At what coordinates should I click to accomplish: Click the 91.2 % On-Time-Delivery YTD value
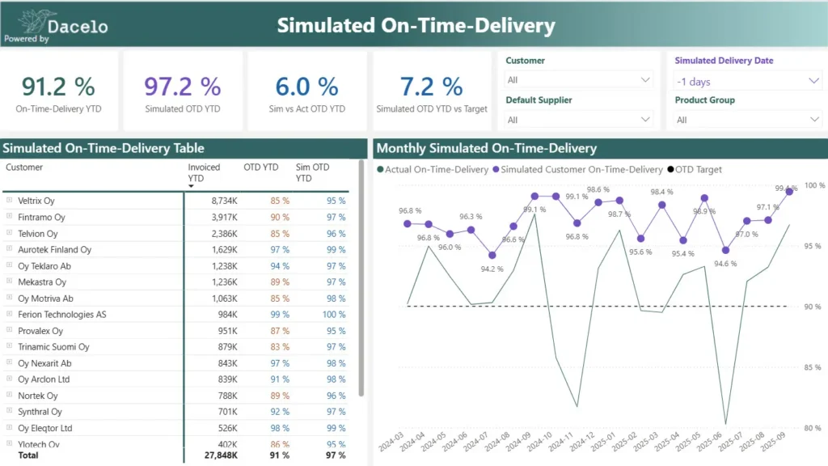pos(58,86)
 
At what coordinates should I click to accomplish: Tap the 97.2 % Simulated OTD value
pos(183,86)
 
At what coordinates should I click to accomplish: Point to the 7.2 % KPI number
pos(431,86)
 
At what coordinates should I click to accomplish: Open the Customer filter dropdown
pos(578,80)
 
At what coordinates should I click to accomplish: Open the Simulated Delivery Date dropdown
pos(748,81)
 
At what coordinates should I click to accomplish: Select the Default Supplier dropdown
pos(578,120)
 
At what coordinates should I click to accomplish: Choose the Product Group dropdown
pos(748,120)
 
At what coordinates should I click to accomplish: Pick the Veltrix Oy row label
pos(36,201)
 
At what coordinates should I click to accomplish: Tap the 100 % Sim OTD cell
pos(333,314)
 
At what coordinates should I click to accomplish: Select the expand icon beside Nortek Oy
pos(9,396)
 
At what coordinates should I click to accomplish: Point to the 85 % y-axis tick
pos(813,367)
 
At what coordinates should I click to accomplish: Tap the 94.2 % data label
pos(492,269)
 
